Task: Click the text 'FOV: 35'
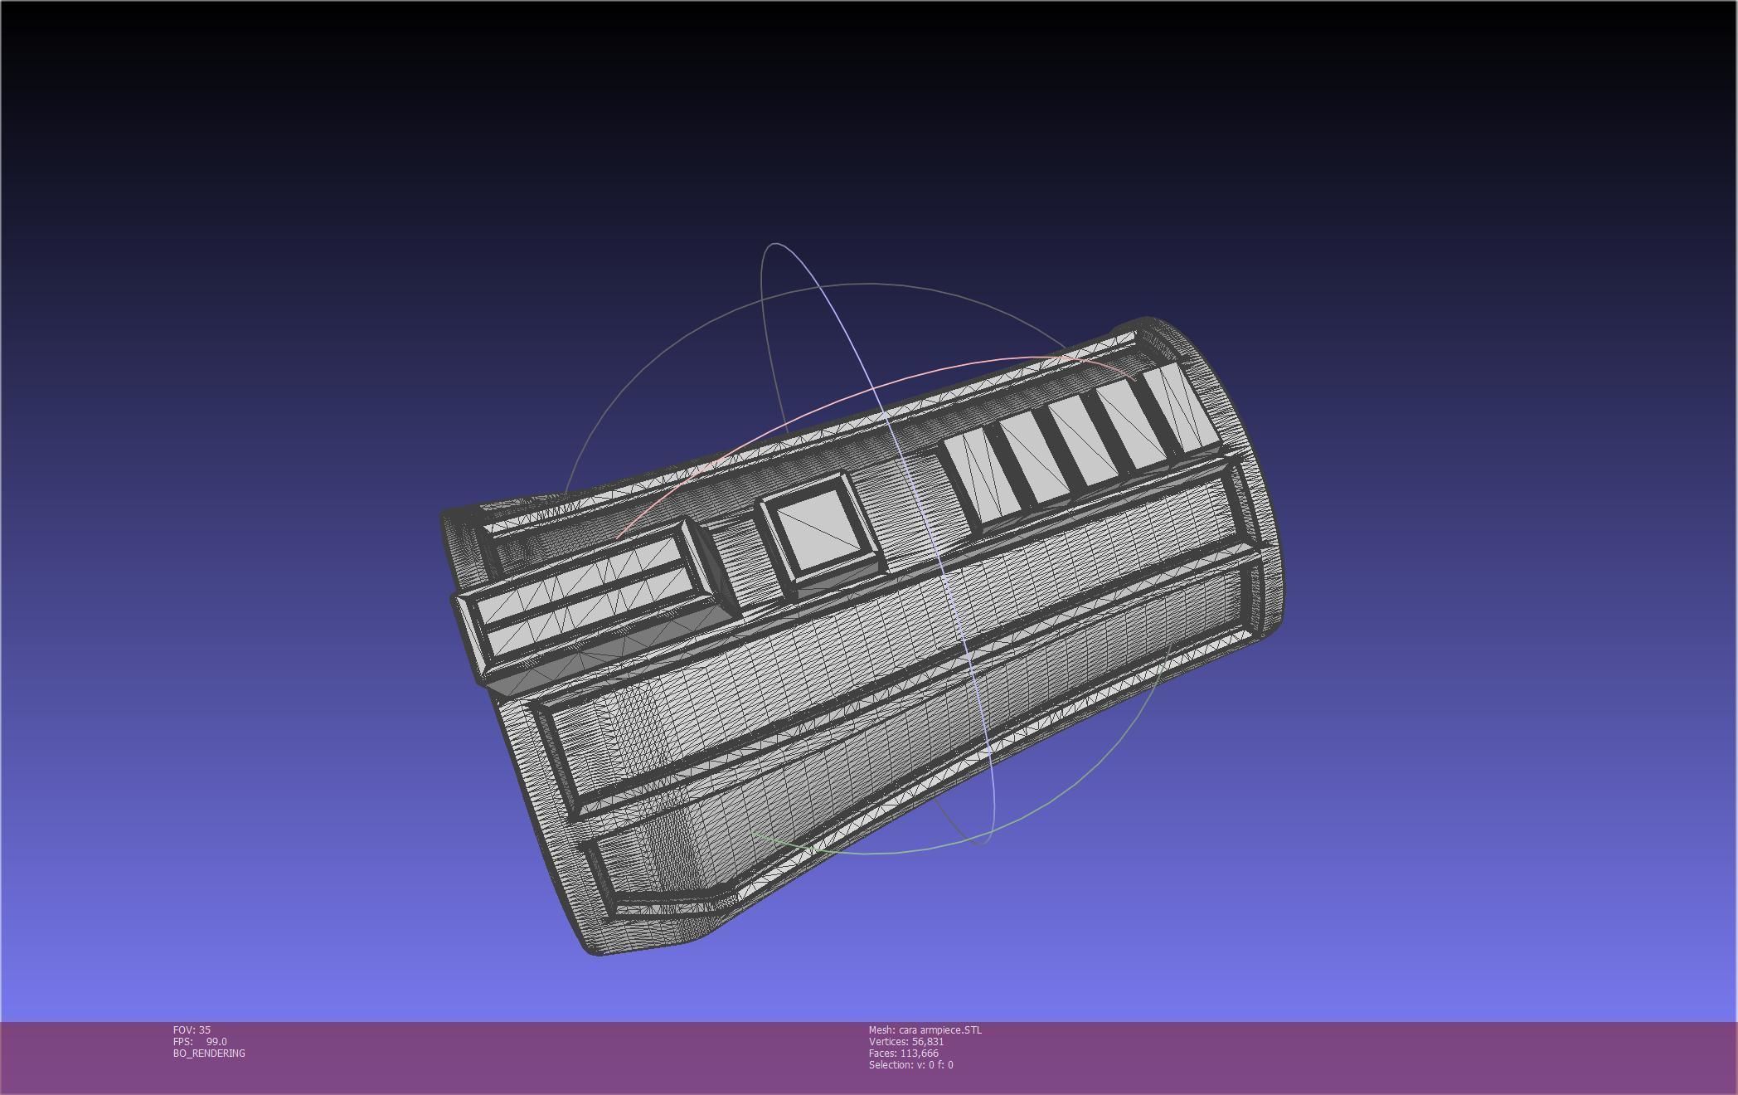(x=192, y=1029)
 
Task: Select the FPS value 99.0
(x=216, y=1041)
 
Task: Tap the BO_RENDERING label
(x=209, y=1053)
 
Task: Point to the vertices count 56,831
(x=928, y=1041)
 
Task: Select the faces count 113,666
(x=919, y=1053)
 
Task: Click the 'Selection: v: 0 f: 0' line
(x=910, y=1064)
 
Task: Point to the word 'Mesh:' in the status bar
(x=881, y=1029)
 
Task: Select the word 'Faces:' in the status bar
(x=882, y=1053)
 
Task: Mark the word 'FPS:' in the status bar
(x=182, y=1041)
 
